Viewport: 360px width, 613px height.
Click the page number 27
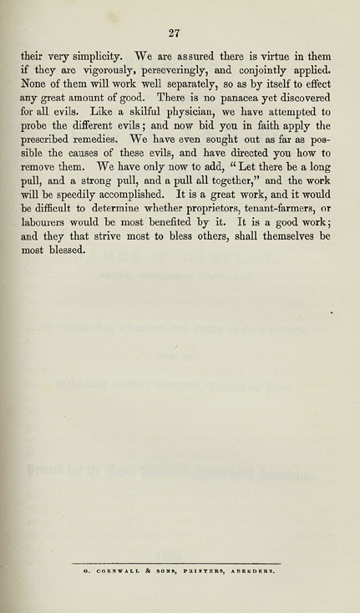(x=175, y=33)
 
